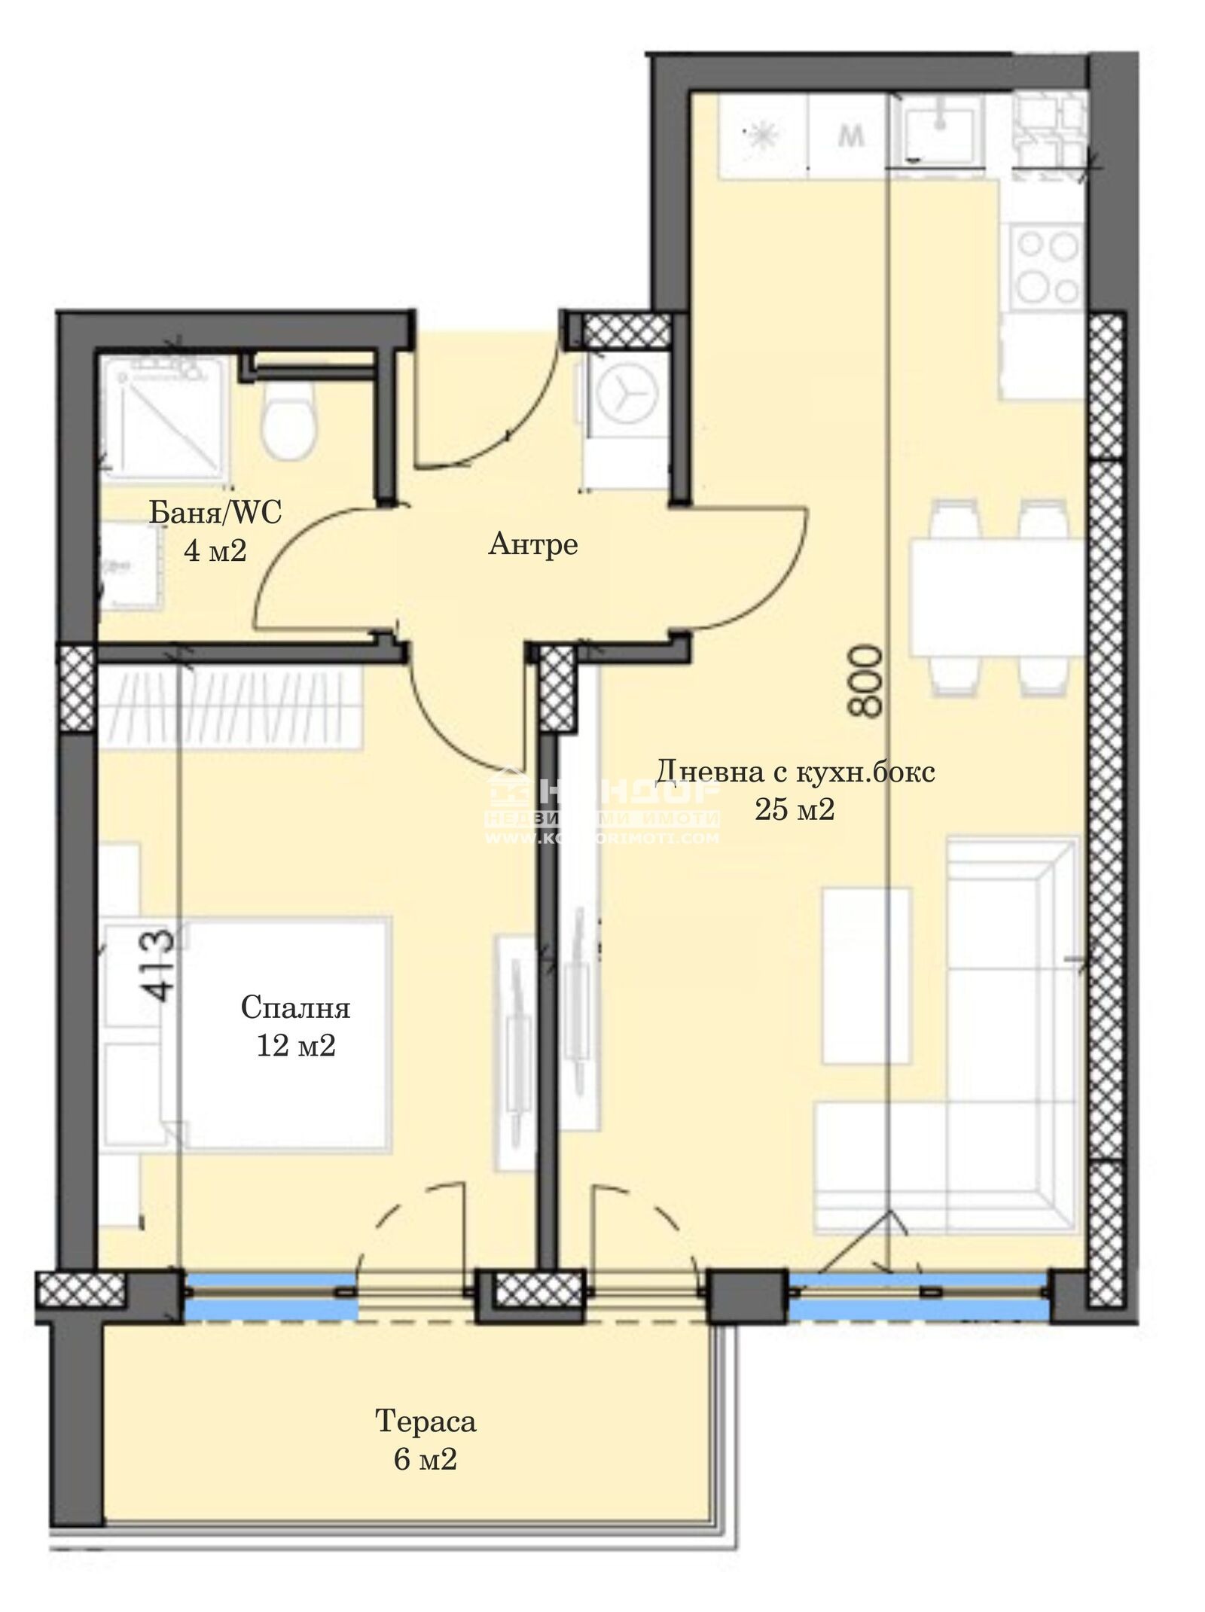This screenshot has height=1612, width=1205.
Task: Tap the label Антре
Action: point(532,544)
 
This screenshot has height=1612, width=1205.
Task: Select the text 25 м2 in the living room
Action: point(795,809)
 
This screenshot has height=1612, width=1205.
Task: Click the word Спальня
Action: point(296,1007)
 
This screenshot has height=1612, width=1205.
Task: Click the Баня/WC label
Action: point(215,513)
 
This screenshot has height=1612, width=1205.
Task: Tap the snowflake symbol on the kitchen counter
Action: point(761,136)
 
